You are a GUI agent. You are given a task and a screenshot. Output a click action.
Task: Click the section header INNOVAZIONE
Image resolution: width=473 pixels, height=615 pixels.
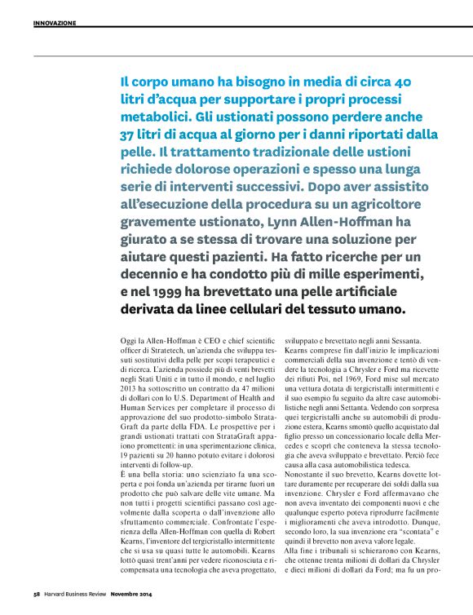pyautogui.click(x=55, y=23)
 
